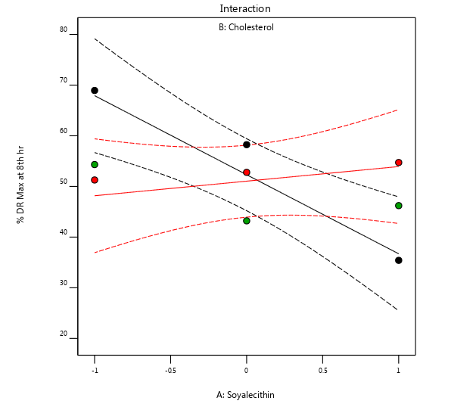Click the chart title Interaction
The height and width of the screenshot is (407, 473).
tap(245, 9)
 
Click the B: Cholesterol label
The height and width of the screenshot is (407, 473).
tap(246, 27)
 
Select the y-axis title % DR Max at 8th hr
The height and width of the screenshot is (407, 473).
tap(20, 183)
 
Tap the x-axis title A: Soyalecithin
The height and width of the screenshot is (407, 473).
tap(245, 394)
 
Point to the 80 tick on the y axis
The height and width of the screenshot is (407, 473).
tap(64, 30)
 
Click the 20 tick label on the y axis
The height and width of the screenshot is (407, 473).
tap(64, 334)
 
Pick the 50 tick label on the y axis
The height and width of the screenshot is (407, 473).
tap(64, 183)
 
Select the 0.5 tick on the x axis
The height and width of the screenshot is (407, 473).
tap(322, 371)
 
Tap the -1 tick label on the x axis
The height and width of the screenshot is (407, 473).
tap(94, 371)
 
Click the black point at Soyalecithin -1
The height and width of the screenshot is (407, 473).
tap(95, 91)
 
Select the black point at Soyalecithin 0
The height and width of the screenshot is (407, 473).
tap(247, 144)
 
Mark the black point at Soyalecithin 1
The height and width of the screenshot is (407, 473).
tap(399, 260)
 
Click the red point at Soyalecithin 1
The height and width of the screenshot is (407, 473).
tap(399, 163)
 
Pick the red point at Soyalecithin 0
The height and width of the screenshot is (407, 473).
tap(247, 172)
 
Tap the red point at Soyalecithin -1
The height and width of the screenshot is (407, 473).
tap(95, 180)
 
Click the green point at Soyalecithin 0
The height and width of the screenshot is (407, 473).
tap(247, 221)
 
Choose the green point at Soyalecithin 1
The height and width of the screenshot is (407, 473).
tap(399, 206)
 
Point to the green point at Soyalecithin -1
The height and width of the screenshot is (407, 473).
tap(95, 165)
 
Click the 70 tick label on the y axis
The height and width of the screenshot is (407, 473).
tap(64, 80)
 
